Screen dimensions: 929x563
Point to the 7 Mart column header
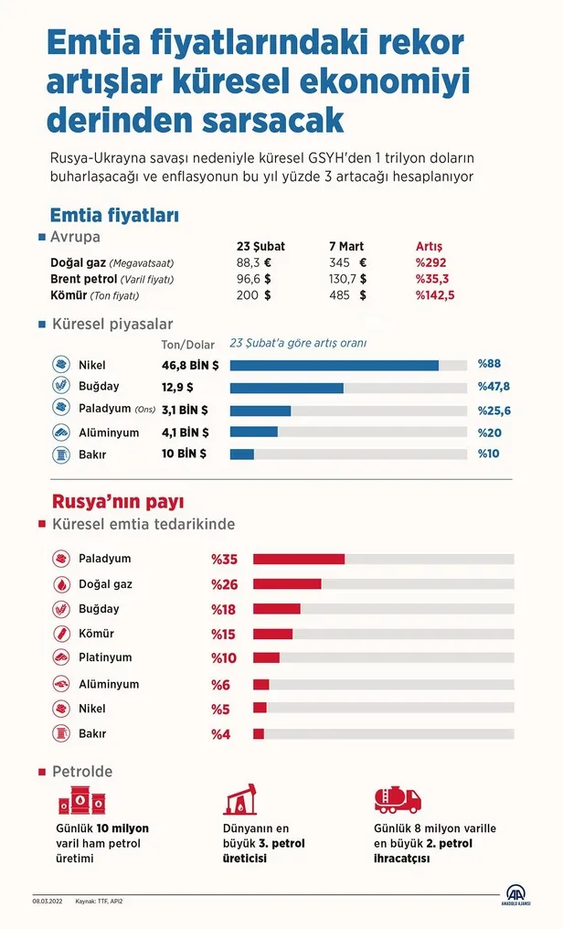346,247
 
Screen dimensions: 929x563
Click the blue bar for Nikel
334,365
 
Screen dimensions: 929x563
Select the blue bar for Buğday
286,388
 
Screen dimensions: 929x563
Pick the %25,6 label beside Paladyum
494,411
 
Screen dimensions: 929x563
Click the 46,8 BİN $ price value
190,365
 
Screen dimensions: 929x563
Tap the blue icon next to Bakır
61,454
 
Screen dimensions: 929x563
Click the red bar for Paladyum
298,560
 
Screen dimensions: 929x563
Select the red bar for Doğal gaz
287,584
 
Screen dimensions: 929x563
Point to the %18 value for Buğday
224,609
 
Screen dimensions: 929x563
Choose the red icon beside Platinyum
61,658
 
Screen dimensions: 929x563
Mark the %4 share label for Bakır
221,734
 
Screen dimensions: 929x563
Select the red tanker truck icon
398,800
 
